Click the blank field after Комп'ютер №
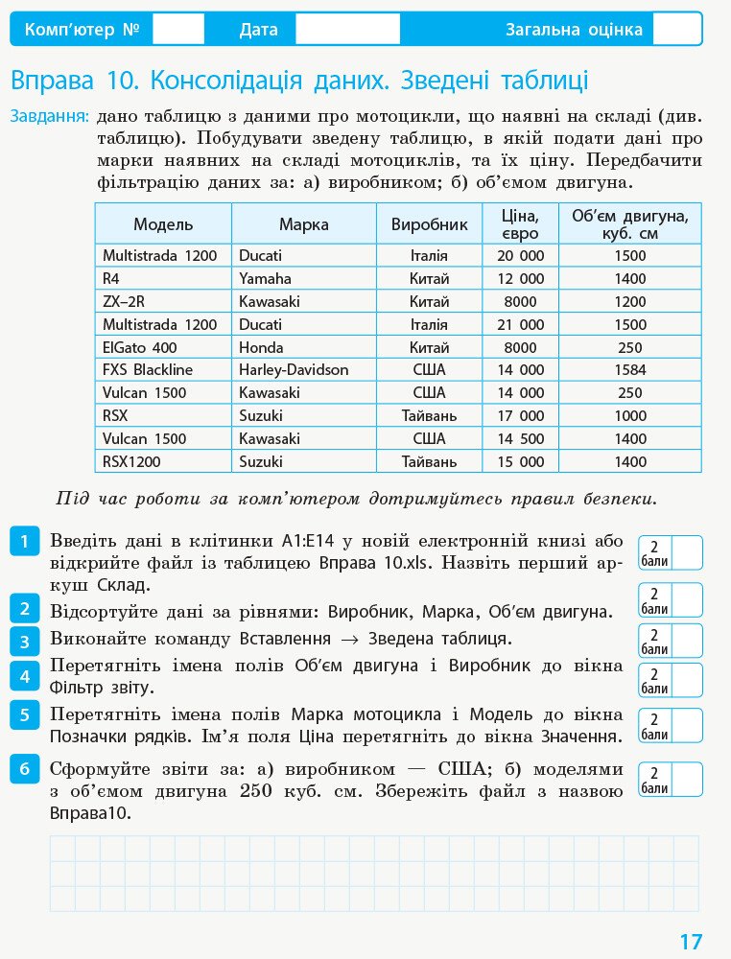point(178,30)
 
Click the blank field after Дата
point(346,30)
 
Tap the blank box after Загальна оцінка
point(677,30)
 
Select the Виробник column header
point(429,224)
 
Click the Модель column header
point(163,224)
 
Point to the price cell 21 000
point(520,325)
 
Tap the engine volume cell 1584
point(630,370)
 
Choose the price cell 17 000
point(520,416)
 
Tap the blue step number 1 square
point(24,541)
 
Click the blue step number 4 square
point(24,676)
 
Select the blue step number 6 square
point(24,769)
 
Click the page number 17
point(691,942)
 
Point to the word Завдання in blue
point(50,117)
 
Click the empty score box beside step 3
point(686,640)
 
